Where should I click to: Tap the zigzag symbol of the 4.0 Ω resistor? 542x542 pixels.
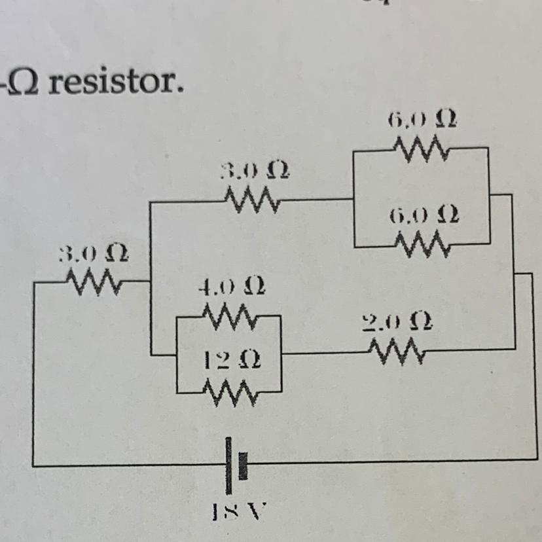coord(230,317)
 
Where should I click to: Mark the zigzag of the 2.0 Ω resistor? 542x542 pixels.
coord(395,353)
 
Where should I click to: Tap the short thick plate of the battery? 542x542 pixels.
coord(242,465)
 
